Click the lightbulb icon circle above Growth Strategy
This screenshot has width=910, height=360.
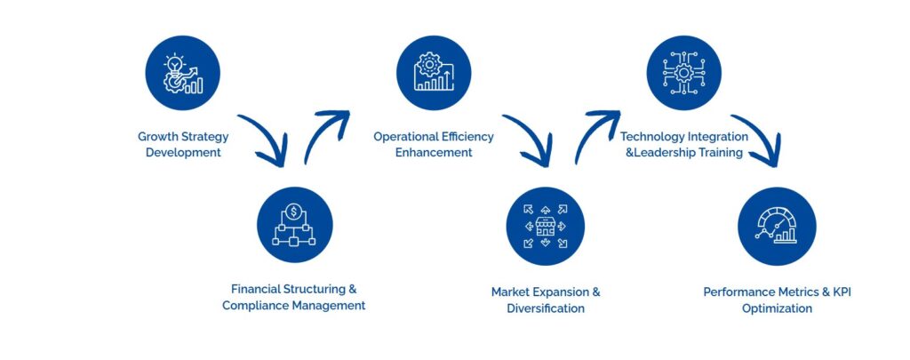(182, 73)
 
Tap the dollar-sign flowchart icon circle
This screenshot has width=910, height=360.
(294, 225)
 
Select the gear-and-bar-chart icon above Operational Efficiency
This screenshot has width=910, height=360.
(434, 73)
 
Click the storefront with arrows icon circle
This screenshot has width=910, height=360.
(545, 226)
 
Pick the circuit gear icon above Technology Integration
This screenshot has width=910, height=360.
(683, 73)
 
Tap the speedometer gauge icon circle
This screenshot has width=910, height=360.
(777, 226)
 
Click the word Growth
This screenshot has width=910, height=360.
(156, 137)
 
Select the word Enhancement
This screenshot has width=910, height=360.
(434, 153)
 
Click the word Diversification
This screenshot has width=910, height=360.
(546, 308)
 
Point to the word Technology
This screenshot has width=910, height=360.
(652, 137)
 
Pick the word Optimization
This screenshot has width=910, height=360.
(777, 308)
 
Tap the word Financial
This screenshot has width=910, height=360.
(256, 289)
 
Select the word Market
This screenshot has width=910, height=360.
(511, 292)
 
